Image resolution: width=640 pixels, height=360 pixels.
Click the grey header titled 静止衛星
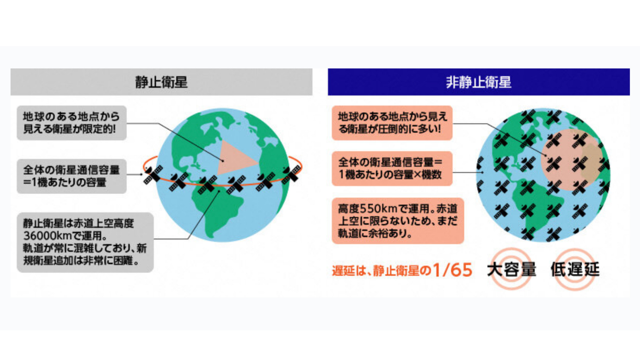pos(161,82)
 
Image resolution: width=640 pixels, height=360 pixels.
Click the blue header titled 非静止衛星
pos(479,82)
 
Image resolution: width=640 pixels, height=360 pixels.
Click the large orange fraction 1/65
pos(452,270)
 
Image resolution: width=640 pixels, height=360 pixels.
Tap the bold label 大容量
pos(512,269)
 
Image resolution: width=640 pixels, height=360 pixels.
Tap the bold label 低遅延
pos(575,269)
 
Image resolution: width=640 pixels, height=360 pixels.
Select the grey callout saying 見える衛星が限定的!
pos(72,123)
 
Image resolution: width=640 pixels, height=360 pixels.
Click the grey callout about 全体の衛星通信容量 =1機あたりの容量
pos(72,176)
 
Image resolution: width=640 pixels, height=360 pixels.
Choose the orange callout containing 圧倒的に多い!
pos(392,123)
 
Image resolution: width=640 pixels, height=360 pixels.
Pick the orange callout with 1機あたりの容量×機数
pos(392,168)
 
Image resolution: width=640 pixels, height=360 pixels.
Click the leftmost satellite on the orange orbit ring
pos(153,175)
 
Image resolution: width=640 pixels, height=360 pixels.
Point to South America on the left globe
pos(220,210)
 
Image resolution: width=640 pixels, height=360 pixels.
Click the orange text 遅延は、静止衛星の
pos(382,270)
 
